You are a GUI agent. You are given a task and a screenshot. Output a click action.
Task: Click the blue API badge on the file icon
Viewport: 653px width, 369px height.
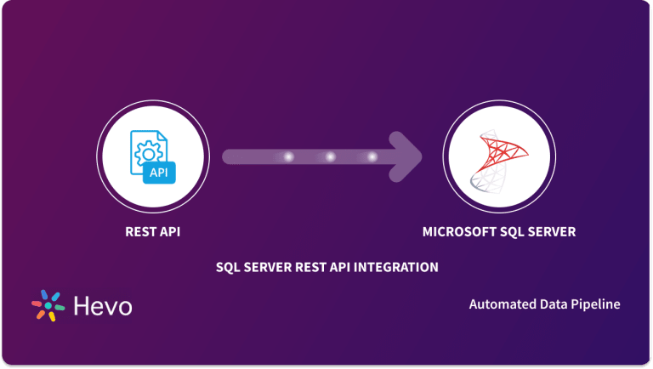(159, 173)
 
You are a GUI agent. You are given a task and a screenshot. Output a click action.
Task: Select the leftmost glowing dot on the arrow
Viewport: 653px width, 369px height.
(288, 157)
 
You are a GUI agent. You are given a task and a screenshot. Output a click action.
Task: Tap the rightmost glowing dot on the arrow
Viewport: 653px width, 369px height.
(372, 157)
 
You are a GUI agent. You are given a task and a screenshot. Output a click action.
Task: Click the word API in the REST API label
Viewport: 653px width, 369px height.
(170, 232)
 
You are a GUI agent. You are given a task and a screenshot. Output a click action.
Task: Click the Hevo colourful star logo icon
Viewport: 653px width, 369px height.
(48, 305)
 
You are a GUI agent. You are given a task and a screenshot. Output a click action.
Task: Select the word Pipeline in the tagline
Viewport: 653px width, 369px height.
(595, 304)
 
